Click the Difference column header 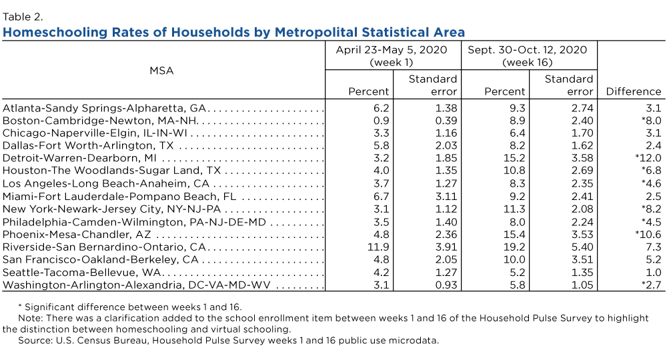point(634,91)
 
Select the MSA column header point(161,71)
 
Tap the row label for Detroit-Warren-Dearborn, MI point(79,158)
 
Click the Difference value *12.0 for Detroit point(648,158)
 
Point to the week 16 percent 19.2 point(515,247)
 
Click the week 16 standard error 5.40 point(582,247)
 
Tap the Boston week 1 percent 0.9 point(382,121)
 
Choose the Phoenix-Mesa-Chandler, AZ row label point(77,235)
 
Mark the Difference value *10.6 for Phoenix point(648,235)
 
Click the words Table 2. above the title point(23,17)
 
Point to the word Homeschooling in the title point(55,32)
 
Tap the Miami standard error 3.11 point(446,197)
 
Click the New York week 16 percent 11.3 point(515,209)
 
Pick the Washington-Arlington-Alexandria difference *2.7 point(652,285)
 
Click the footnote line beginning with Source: point(228,341)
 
